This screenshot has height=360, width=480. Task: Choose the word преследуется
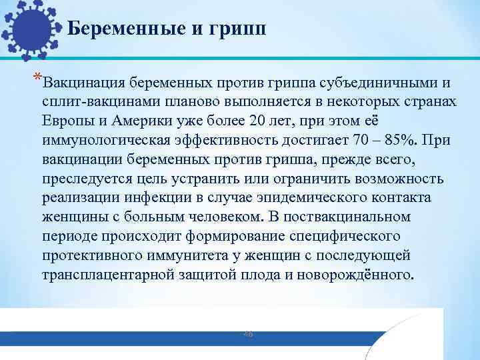(x=84, y=178)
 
